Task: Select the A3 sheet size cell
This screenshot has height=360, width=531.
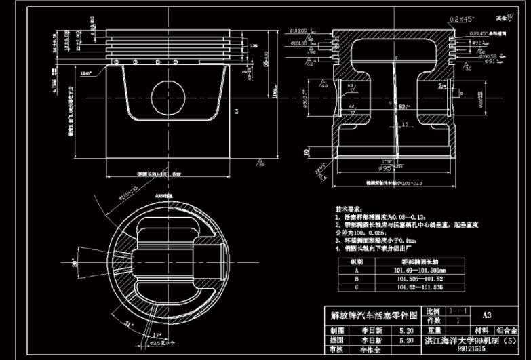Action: coord(487,315)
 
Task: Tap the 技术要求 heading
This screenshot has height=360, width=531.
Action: coord(349,209)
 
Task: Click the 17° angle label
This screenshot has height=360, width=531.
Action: coord(158,335)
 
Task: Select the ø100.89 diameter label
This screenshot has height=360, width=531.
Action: coord(299,31)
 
